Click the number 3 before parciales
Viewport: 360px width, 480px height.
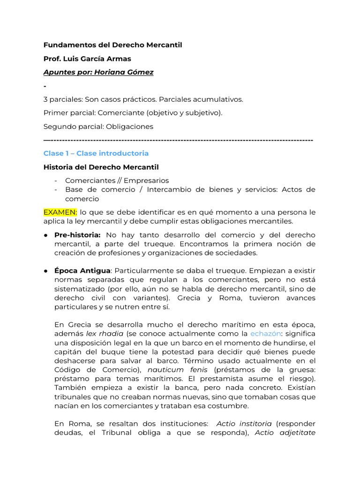(x=45, y=99)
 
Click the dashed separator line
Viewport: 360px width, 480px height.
(x=178, y=140)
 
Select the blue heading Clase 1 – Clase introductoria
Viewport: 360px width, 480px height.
(x=96, y=153)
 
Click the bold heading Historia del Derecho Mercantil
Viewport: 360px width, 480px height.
(x=101, y=167)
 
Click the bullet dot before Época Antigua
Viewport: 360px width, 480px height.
(x=47, y=271)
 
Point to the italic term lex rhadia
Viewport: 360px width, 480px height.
(x=105, y=334)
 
